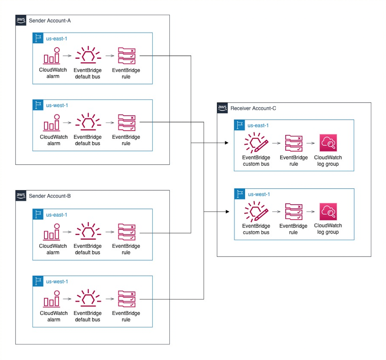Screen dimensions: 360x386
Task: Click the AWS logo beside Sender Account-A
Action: [x=21, y=20]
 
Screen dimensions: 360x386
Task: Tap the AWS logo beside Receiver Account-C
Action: [x=222, y=108]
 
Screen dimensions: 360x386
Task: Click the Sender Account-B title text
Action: [x=50, y=196]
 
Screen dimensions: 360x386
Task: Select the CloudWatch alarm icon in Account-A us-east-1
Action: [x=52, y=56]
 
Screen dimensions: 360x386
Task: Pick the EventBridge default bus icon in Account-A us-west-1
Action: [x=88, y=123]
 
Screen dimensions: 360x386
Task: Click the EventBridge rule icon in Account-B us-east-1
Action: [x=126, y=232]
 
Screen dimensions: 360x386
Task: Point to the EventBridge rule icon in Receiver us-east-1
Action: [x=294, y=144]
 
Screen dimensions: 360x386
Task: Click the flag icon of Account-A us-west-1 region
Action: [x=38, y=105]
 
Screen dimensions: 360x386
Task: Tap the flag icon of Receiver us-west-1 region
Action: [x=239, y=194]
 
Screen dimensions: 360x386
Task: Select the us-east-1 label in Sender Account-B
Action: [x=57, y=215]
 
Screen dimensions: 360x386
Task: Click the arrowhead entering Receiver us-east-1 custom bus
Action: [x=227, y=143]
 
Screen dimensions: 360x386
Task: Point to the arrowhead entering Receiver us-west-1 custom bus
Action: [x=227, y=212]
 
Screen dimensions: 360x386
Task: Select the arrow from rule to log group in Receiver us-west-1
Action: [x=310, y=212]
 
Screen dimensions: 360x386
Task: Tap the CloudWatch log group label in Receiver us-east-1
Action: [x=328, y=161]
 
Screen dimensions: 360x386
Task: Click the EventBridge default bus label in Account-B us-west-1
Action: [x=88, y=316]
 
